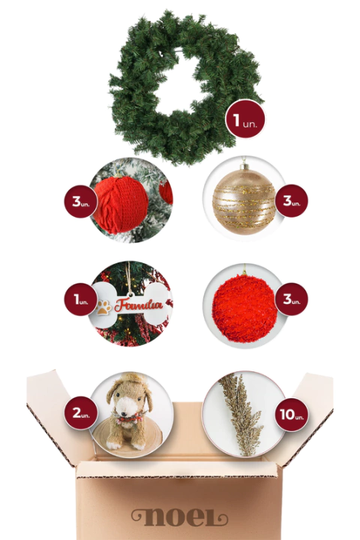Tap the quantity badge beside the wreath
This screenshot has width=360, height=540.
click(x=245, y=119)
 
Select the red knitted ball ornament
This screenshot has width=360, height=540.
click(x=121, y=205)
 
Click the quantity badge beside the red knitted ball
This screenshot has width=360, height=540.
click(x=81, y=201)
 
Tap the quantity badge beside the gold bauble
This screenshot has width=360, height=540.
click(x=292, y=201)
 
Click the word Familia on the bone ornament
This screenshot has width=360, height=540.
click(x=139, y=305)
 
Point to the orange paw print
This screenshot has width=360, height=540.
click(x=103, y=307)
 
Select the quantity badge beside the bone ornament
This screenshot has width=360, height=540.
click(x=81, y=299)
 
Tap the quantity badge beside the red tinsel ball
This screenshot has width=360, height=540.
click(x=292, y=299)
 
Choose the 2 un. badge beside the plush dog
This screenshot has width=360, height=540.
click(x=81, y=412)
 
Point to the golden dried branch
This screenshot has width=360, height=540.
click(x=241, y=413)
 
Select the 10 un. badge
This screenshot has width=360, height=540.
click(x=292, y=414)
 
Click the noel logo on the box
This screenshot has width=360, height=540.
click(x=180, y=519)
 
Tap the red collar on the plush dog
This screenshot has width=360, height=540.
click(x=129, y=418)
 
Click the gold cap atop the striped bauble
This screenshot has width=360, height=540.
click(x=244, y=167)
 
